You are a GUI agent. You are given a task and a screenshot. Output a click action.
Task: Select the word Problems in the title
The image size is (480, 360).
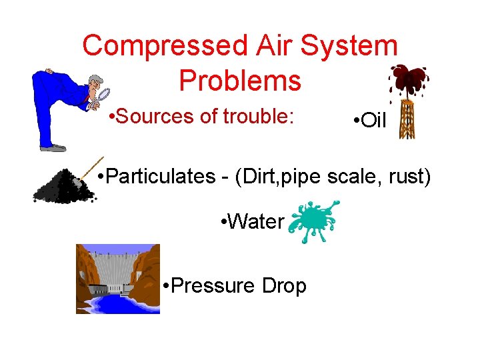(x=240, y=81)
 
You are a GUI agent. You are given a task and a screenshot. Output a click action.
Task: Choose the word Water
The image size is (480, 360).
(x=255, y=222)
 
